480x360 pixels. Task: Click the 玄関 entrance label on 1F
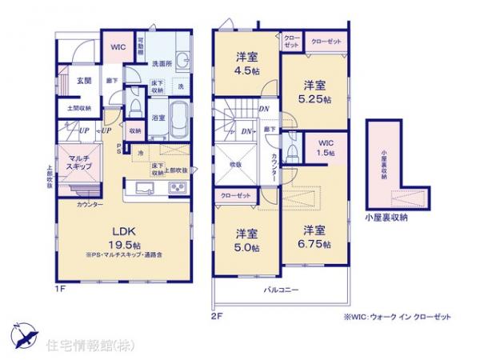84,82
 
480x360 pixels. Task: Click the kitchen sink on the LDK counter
145,188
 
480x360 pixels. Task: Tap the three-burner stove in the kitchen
176,188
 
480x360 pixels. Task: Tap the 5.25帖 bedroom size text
315,98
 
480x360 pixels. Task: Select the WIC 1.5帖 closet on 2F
324,147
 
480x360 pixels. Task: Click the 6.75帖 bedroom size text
314,242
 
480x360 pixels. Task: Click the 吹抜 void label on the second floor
238,165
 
